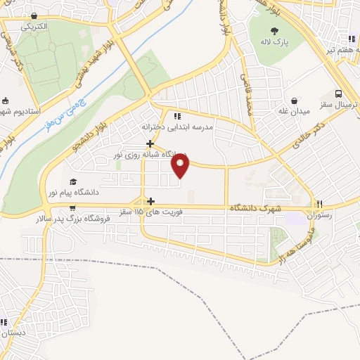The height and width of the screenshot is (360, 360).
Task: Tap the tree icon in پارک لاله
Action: (274, 30)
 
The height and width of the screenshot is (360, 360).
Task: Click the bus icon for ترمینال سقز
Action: (340, 93)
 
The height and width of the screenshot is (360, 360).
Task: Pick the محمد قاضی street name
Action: (247, 97)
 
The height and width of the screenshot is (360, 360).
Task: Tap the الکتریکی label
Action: (33, 26)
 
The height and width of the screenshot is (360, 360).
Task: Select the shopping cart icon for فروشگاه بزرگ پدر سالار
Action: (72, 208)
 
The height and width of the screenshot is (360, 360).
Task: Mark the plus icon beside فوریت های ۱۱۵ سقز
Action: (150, 200)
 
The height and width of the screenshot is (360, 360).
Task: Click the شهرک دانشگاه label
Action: (255, 209)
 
